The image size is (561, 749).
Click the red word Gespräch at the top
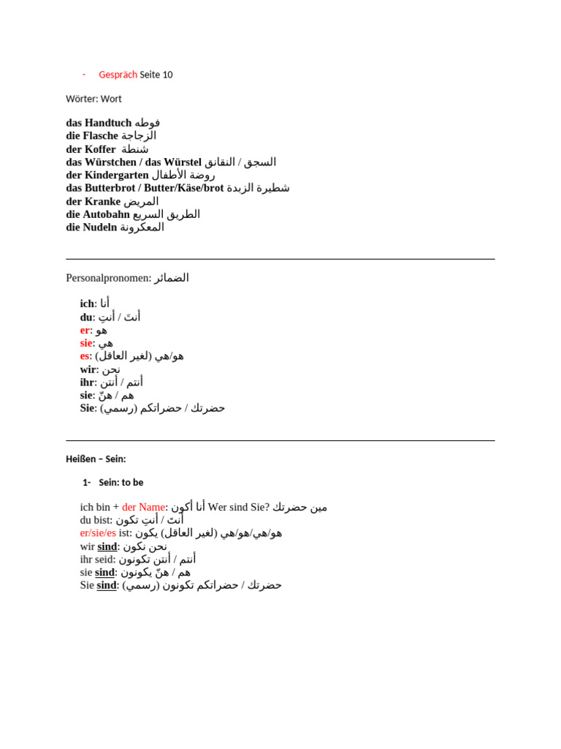pos(118,75)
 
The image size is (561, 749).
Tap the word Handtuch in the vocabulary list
pos(108,123)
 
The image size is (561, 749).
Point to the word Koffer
pos(100,149)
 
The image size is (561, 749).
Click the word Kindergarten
pos(117,176)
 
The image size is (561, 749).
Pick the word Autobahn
pos(106,214)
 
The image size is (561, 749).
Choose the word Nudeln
pos(101,227)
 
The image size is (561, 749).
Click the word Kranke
pos(102,202)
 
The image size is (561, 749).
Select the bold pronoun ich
pos(87,304)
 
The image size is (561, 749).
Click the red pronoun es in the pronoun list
pos(85,356)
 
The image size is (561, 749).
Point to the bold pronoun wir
pos(88,369)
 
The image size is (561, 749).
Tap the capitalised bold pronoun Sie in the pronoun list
pos(88,408)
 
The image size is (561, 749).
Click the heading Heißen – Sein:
pos(96,459)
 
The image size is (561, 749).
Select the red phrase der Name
pos(143,507)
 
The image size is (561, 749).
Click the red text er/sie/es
pos(98,533)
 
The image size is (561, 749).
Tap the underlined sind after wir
pos(107,546)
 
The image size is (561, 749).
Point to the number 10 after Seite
pos(168,75)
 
